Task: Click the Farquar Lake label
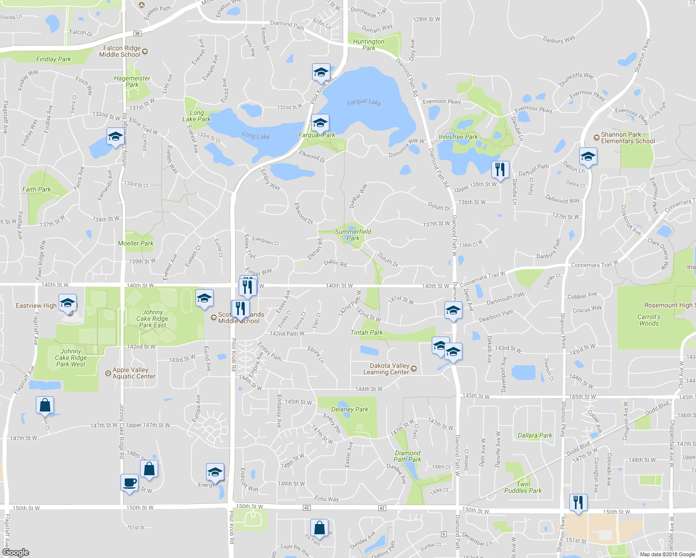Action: click(x=364, y=102)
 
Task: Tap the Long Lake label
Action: click(x=255, y=136)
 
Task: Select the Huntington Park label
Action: click(x=368, y=45)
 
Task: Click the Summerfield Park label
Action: click(x=353, y=235)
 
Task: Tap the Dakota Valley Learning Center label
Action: click(x=389, y=369)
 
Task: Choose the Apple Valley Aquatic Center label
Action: click(x=134, y=373)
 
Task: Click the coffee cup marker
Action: click(x=129, y=483)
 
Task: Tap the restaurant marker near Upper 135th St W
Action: click(x=500, y=170)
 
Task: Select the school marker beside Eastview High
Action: click(x=67, y=303)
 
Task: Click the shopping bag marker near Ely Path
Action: click(x=319, y=528)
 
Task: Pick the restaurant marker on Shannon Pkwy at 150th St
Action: click(x=578, y=503)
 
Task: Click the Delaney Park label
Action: click(x=349, y=409)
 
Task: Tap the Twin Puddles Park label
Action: click(x=523, y=487)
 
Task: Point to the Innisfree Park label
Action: click(x=458, y=137)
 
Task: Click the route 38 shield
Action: click(x=137, y=33)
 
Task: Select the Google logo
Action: click(x=16, y=552)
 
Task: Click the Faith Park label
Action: click(x=37, y=189)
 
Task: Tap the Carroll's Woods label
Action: click(x=649, y=320)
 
